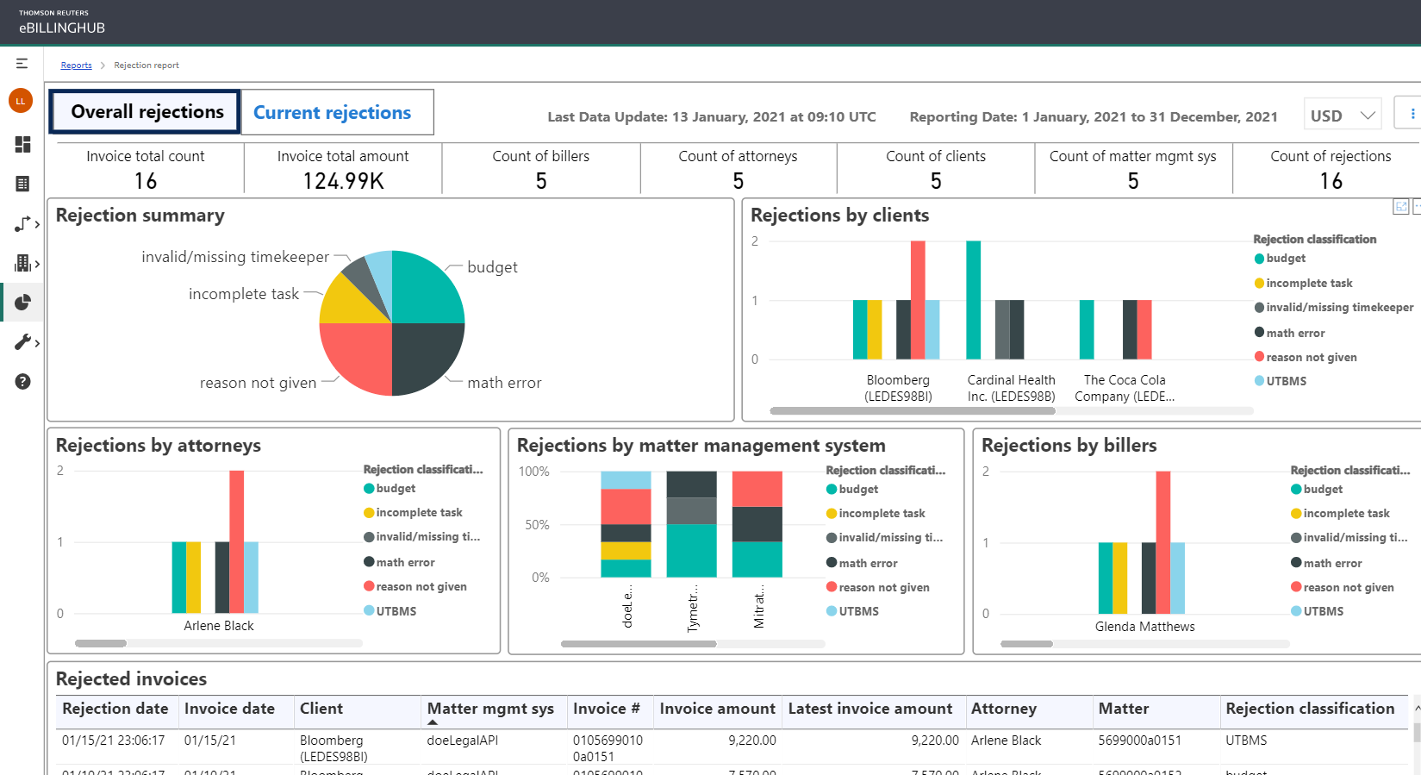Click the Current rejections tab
pos(333,113)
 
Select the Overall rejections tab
pos(146,112)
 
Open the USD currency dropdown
pos(1342,116)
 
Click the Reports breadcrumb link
pos(76,66)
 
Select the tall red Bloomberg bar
pos(918,299)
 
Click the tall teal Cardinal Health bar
pos(973,299)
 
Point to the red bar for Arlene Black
pos(236,541)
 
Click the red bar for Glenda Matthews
pos(1162,541)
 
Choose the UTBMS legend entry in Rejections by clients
pos(1286,381)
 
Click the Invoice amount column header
pos(717,709)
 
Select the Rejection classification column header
pos(1310,709)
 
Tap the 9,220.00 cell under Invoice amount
pos(751,741)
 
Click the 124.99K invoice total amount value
pos(343,181)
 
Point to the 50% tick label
pos(537,525)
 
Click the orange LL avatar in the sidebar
pos(21,101)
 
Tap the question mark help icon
pos(22,382)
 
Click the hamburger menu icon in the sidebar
pos(22,64)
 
